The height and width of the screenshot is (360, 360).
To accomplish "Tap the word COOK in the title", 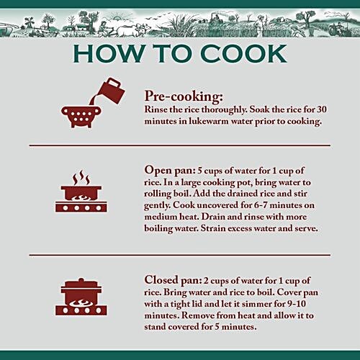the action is click(243, 53).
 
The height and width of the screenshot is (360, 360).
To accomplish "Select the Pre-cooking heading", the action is click(184, 96).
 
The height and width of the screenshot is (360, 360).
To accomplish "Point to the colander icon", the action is click(81, 117).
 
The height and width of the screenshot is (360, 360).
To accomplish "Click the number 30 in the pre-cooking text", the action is click(322, 109).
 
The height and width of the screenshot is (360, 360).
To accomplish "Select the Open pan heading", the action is click(170, 171).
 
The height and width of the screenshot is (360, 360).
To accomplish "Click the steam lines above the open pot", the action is click(81, 177).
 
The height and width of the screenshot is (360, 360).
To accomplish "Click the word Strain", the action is click(213, 228).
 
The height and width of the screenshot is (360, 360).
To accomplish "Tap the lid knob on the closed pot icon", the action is click(81, 280).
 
